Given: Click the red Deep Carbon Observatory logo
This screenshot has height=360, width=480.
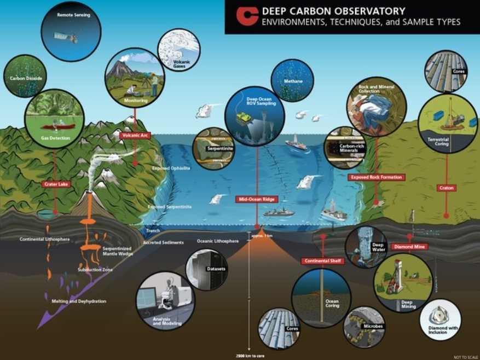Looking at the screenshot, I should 247,16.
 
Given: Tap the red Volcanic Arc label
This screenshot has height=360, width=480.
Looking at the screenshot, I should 135,133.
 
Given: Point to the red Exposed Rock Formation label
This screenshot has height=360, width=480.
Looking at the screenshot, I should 376,177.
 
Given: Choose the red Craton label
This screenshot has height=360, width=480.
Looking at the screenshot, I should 446,188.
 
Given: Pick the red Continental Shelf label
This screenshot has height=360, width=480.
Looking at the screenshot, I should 322,261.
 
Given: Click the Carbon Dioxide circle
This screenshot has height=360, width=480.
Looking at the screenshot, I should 25,76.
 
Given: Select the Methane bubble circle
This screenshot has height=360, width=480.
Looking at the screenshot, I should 292,80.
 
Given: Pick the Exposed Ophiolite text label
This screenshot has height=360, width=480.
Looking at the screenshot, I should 171,169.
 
